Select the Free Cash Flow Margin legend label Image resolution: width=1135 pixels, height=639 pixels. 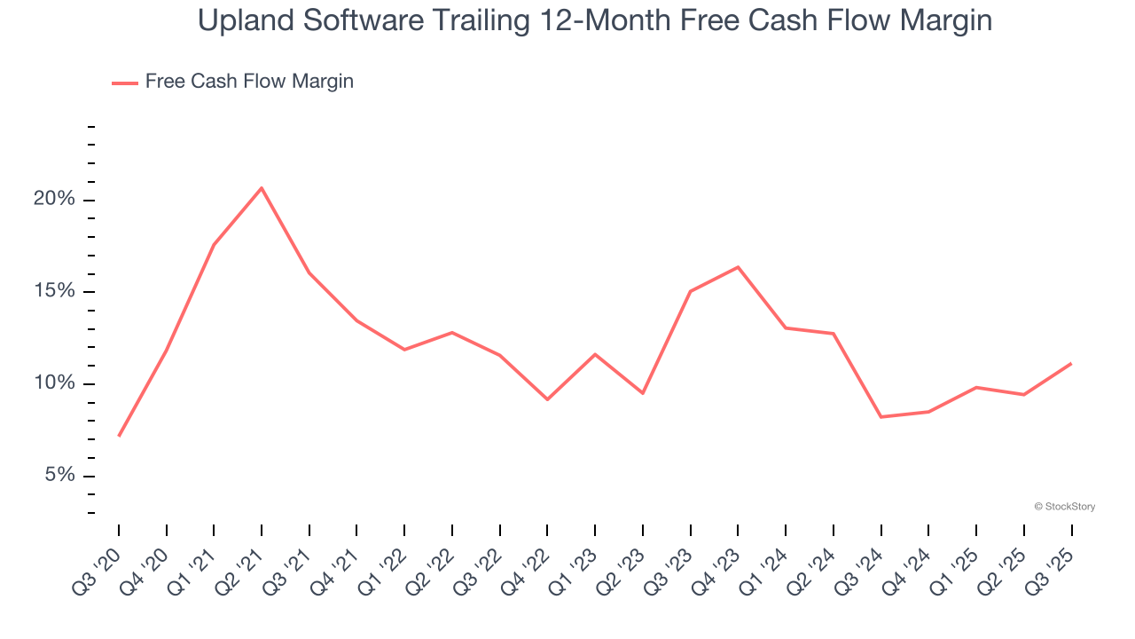click(x=249, y=82)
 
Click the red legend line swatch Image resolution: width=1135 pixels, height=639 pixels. click(x=124, y=83)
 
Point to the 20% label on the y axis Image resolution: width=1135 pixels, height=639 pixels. click(x=54, y=200)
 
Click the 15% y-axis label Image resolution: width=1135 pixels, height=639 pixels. click(x=54, y=292)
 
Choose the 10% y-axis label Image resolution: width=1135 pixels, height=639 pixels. click(x=54, y=383)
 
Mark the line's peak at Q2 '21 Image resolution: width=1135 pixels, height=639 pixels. click(x=262, y=188)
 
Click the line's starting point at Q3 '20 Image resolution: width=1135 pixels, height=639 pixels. click(x=119, y=436)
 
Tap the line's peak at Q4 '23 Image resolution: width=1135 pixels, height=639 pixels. click(x=738, y=267)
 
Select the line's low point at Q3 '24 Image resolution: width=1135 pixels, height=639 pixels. click(x=881, y=417)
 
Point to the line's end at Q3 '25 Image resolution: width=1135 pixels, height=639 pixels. click(x=1071, y=364)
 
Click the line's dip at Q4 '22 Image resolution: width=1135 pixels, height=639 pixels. click(x=547, y=399)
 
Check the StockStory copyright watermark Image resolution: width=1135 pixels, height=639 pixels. click(x=1064, y=507)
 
